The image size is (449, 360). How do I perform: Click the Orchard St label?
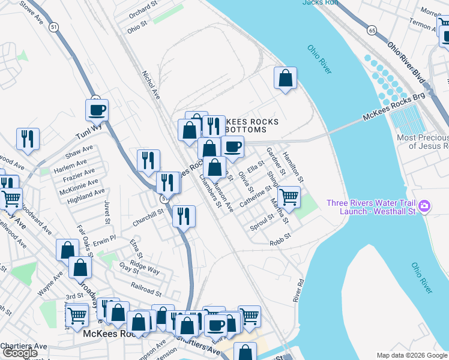click(x=142, y=11)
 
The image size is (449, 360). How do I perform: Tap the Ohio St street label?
click(x=137, y=27)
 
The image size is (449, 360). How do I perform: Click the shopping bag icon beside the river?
click(x=285, y=78)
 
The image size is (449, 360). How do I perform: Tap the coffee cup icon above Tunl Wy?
click(x=97, y=110)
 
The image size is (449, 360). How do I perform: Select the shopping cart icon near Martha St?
click(x=289, y=196)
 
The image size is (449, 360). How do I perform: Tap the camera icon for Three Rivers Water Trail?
click(x=424, y=206)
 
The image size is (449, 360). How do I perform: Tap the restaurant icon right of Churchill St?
click(x=184, y=215)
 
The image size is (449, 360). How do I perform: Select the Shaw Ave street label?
click(x=79, y=152)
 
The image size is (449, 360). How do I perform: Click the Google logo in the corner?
click(x=20, y=353)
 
